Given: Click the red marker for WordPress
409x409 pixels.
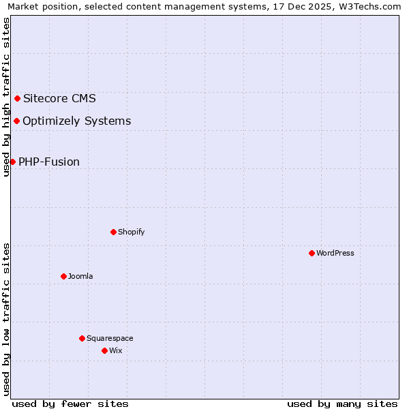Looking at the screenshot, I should [312, 253].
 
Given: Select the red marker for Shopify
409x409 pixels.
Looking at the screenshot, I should [113, 232].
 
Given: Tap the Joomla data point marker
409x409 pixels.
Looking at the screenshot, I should [63, 276].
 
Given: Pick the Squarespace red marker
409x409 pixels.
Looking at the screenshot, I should [82, 338].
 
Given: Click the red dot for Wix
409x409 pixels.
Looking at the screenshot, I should [104, 350].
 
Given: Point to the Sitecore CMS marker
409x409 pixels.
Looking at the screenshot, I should [17, 98].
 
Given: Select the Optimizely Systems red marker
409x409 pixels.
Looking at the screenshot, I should [16, 121].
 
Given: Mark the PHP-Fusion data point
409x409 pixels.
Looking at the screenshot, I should [12, 162].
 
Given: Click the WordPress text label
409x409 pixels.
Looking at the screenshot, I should [335, 253].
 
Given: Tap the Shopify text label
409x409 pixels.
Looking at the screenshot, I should [131, 232].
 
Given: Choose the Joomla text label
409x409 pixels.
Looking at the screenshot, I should [80, 276].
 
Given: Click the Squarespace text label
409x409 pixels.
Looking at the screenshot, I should [110, 338].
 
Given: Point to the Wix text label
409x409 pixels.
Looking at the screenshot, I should [115, 350].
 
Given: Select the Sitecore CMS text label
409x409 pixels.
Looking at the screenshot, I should [59, 98].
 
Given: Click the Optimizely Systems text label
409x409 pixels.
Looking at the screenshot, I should [76, 121].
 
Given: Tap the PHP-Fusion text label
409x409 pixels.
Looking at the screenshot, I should [49, 162].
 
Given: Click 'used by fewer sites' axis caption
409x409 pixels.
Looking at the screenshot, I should [70, 404].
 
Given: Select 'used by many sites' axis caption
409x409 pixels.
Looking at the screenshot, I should [342, 404].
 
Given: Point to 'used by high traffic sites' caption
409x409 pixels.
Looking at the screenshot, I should [7, 97].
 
